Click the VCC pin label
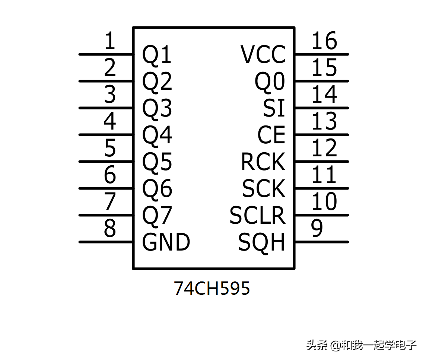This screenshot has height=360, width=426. coord(263,55)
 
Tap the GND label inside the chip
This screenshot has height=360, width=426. coord(166,242)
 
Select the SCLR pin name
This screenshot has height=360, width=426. coord(257,216)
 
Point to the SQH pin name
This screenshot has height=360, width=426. coord(261,242)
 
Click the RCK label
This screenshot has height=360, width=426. coord(263,162)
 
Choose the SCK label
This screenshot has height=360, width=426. coord(264,189)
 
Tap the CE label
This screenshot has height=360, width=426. coord(271,135)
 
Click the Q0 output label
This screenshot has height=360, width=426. coord(270,82)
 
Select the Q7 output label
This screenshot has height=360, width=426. coord(157,216)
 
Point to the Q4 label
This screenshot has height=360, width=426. coord(157,135)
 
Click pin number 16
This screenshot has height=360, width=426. coord(324,41)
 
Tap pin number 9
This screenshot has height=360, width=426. coord(317,229)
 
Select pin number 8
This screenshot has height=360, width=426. coord(110,229)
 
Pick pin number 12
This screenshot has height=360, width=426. coord(324,148)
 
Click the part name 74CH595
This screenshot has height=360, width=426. coord(212,288)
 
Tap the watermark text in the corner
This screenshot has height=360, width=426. coord(361,345)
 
